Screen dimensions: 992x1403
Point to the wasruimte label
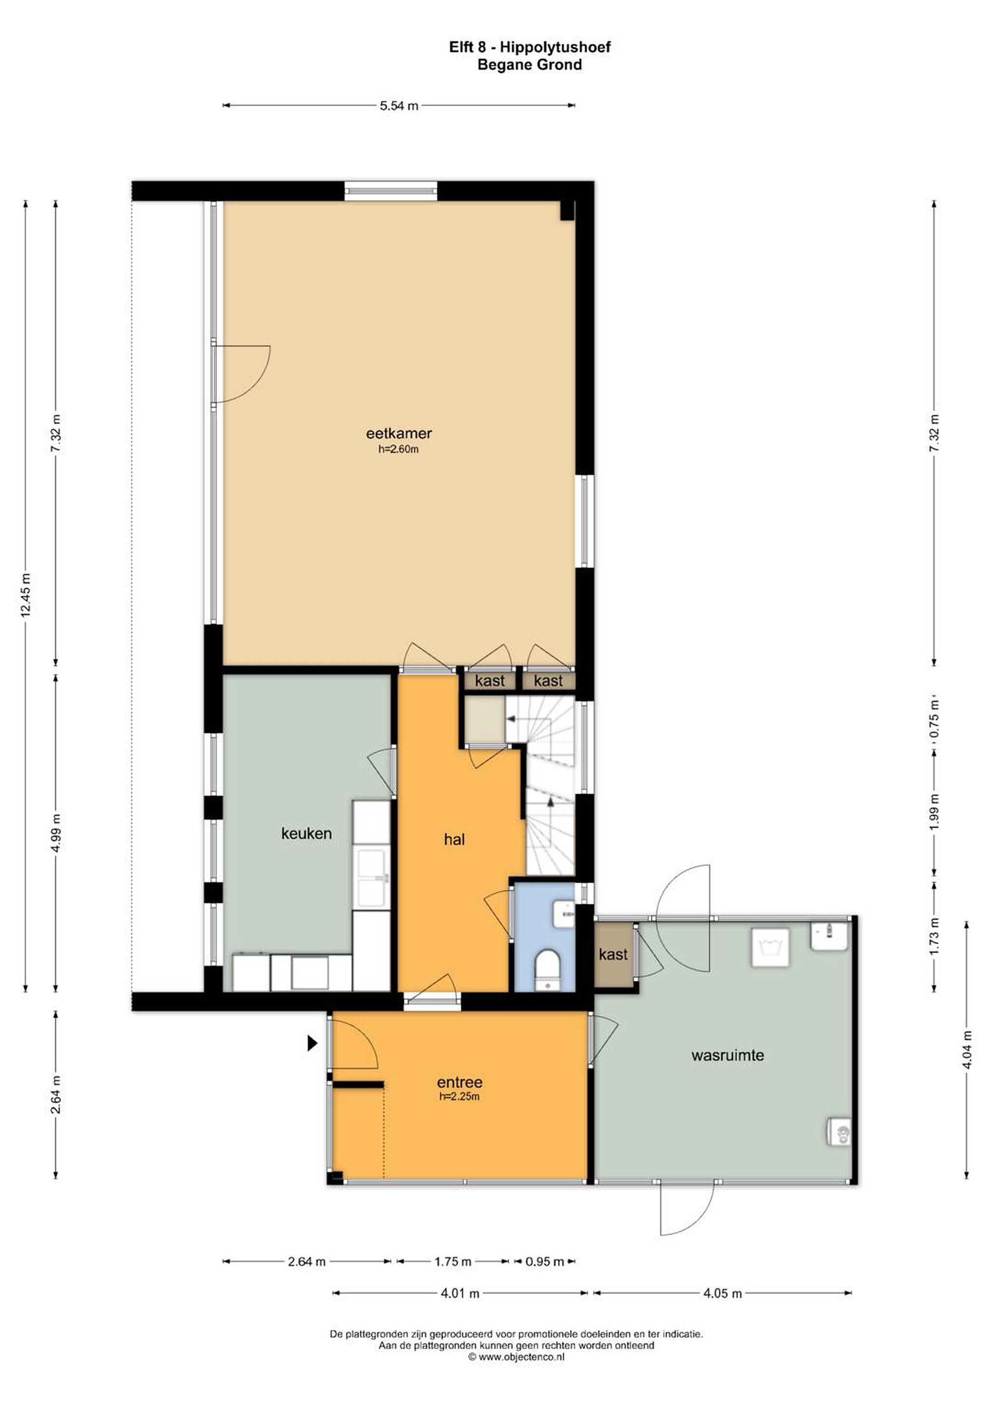tap(727, 1055)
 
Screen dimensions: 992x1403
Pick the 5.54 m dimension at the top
tap(399, 106)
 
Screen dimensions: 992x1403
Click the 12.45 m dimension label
tap(26, 595)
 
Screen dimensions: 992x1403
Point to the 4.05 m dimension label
tap(723, 1293)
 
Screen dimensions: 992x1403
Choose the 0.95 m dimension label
tap(545, 1261)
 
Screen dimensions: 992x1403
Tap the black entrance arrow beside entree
tap(312, 1043)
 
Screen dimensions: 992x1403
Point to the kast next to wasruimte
tap(613, 954)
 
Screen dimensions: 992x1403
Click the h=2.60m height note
tap(399, 450)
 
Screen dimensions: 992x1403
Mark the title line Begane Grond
tap(529, 64)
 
